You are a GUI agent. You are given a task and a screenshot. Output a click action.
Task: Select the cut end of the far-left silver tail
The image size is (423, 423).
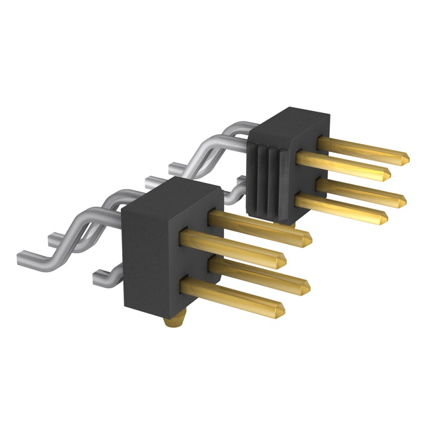18,254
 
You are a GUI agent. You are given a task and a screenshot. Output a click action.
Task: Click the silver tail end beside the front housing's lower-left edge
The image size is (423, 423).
99,273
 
